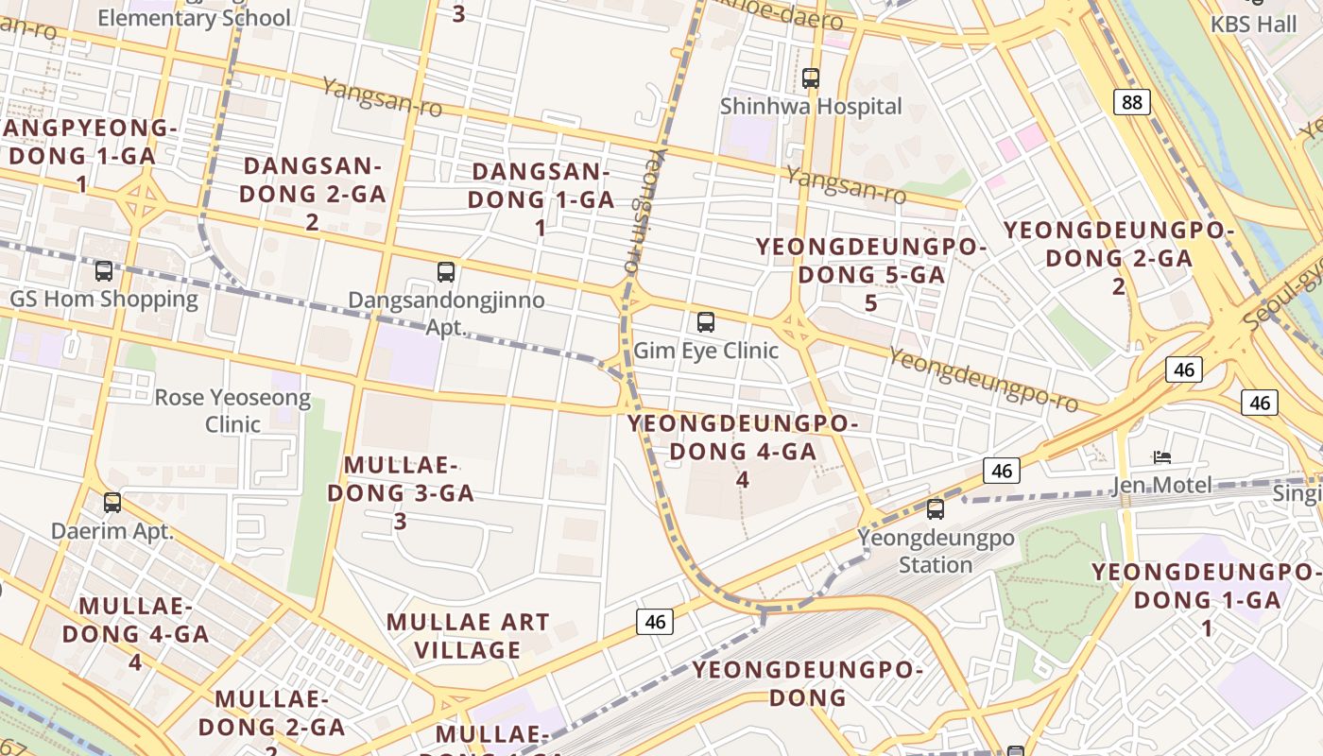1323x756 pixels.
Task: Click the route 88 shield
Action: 1131,102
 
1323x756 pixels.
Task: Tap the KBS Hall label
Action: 1254,25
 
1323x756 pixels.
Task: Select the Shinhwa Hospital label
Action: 811,106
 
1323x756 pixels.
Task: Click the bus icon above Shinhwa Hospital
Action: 811,78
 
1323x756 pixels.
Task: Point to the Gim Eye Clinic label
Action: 706,351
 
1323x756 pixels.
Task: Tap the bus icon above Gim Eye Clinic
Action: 706,322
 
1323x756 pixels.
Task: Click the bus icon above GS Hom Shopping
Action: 104,271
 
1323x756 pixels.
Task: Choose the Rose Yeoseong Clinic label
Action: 232,410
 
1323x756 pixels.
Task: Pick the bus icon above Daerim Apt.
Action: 112,503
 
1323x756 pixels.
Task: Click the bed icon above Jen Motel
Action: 1162,457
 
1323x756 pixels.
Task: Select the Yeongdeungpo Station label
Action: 936,551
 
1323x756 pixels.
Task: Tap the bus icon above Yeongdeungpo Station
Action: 936,509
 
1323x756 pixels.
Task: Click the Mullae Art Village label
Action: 468,636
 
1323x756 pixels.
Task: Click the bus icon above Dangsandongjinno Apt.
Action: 446,272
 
